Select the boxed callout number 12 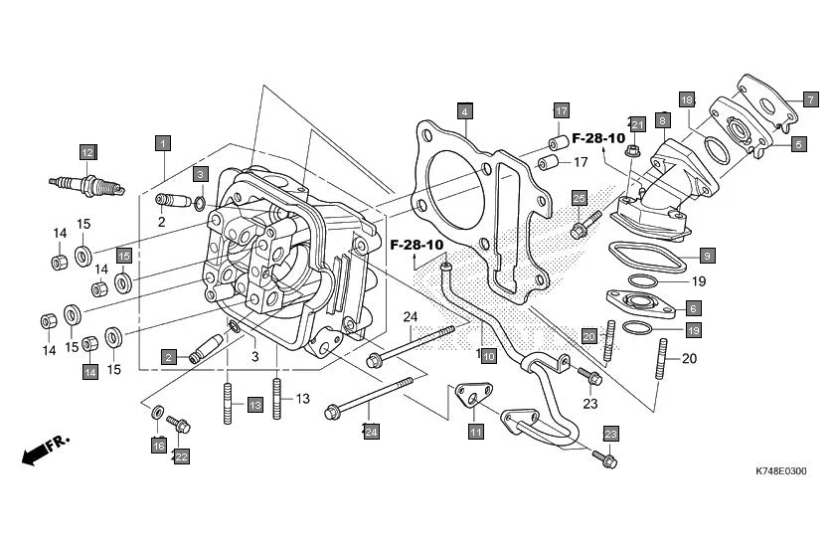87,152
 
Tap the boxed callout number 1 161,142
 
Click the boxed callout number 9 707,256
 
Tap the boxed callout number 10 488,356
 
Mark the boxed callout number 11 476,432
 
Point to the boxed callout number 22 181,456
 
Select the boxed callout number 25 580,199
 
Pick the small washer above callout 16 158,411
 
